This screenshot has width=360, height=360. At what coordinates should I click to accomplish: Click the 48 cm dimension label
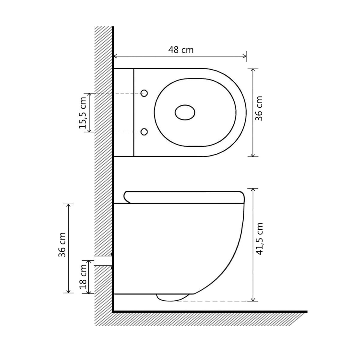181,50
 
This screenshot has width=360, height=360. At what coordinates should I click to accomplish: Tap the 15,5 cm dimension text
82,113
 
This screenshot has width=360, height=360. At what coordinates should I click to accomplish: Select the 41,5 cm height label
259,239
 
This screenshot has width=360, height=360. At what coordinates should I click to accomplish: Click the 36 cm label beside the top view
259,108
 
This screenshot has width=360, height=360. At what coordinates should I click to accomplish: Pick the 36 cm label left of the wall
62,245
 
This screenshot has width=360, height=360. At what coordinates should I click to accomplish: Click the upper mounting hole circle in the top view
144,93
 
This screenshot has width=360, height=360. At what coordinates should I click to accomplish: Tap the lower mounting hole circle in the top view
144,132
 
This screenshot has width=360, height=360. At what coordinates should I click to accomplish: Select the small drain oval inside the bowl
185,112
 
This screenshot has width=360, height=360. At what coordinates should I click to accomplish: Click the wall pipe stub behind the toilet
103,261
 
